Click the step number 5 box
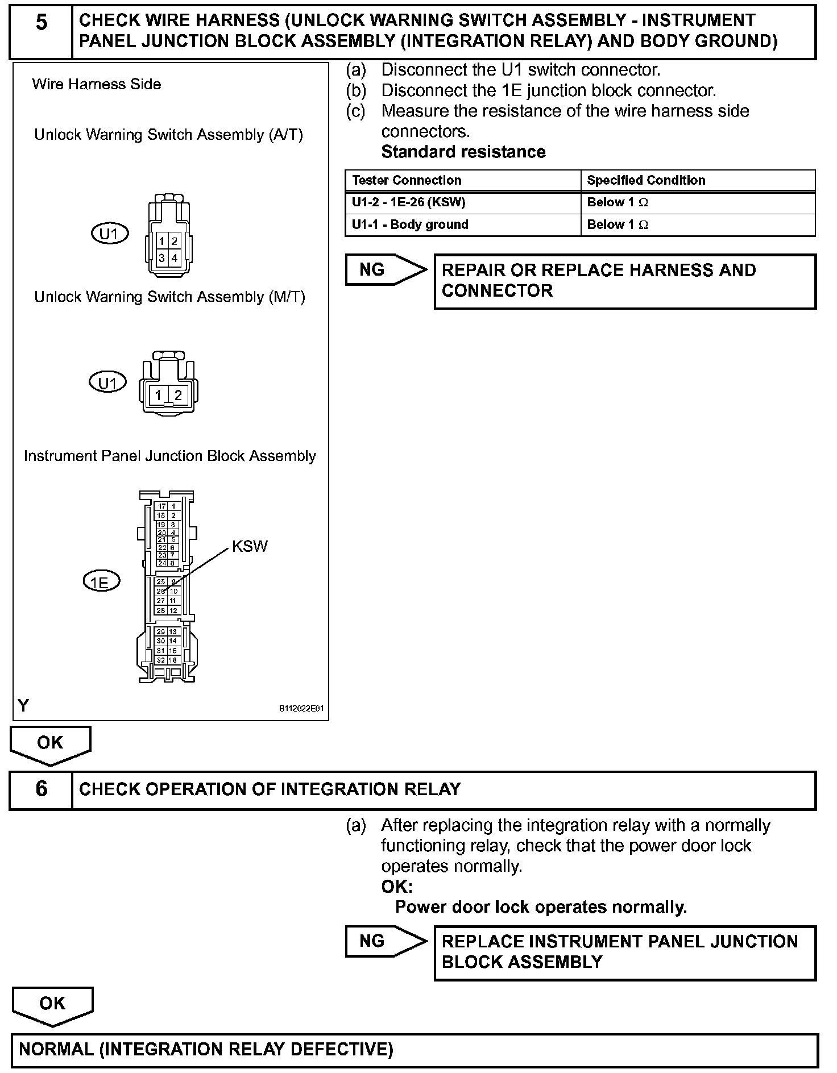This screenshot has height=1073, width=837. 41,32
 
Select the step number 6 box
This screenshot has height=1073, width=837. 41,789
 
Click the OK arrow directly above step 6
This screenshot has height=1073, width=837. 50,744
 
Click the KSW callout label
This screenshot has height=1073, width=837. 249,547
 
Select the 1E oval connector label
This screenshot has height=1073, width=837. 101,582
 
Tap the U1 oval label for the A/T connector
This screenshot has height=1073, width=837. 110,234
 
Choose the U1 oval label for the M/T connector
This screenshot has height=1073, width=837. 107,382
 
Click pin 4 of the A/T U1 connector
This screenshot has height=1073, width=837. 175,258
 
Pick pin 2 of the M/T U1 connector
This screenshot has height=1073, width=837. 178,395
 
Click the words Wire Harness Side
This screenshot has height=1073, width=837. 97,85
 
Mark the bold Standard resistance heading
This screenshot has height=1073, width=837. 463,152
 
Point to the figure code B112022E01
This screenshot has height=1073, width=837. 301,709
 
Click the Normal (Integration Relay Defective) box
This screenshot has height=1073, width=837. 414,1049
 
